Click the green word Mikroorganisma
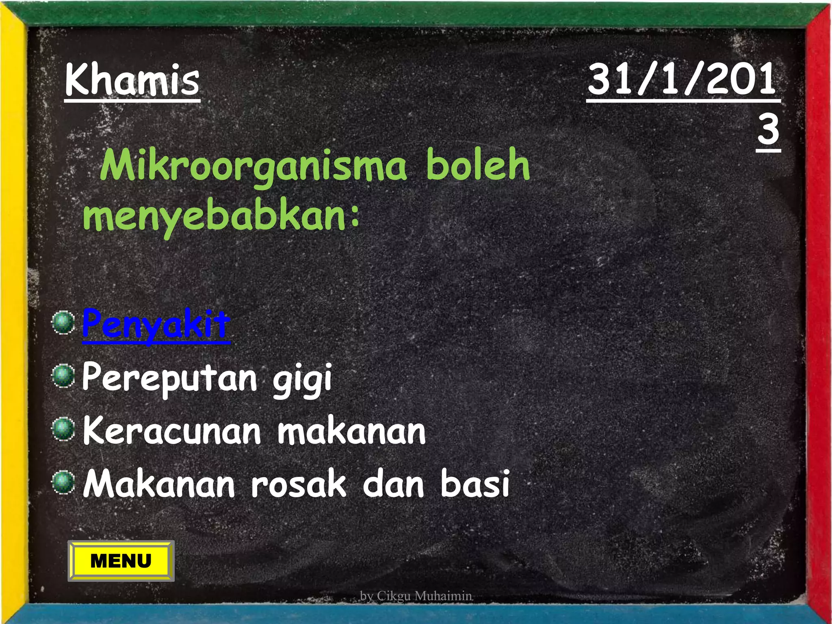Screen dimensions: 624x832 click(253, 166)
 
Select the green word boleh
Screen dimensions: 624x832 click(478, 164)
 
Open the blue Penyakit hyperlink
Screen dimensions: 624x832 click(156, 325)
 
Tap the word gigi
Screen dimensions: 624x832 click(302, 380)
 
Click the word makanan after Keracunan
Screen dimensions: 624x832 click(351, 431)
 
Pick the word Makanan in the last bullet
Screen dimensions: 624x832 click(159, 483)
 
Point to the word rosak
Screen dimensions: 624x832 click(299, 483)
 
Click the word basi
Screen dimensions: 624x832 click(475, 483)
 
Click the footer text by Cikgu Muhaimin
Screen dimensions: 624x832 click(416, 596)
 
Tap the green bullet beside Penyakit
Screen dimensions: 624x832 click(63, 323)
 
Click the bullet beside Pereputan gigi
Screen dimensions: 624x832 click(63, 376)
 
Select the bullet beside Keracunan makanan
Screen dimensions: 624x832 click(63, 429)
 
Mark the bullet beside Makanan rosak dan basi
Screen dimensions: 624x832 click(63, 482)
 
